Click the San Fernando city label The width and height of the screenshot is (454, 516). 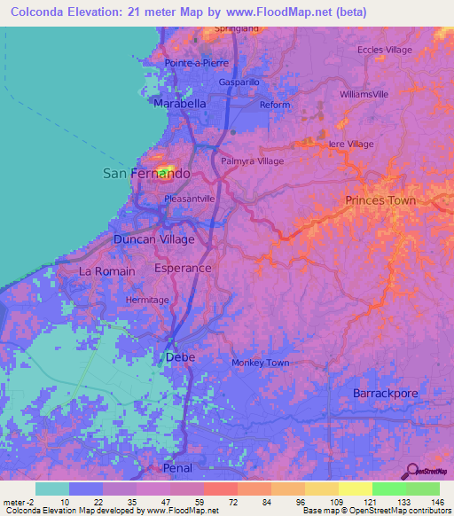146,173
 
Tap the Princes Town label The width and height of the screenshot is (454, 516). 380,200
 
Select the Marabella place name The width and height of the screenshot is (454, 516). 180,104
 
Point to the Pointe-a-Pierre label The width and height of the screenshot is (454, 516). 197,64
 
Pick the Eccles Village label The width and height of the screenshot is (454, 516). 385,50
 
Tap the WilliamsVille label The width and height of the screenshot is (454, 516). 364,93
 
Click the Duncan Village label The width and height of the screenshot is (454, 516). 153,239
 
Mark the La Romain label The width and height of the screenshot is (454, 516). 107,270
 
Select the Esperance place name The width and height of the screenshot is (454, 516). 183,268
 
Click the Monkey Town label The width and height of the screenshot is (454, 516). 261,363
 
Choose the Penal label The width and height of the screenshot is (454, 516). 177,467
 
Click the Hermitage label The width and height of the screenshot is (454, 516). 147,300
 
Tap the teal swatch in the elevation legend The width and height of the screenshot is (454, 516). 51,489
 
